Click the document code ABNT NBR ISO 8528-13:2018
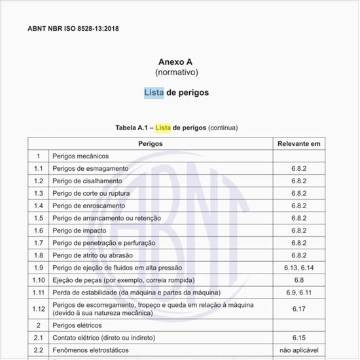[73, 29]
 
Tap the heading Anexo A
[176, 61]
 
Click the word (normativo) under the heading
[176, 71]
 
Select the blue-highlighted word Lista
[154, 92]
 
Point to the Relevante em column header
[298, 143]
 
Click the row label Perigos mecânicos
[81, 156]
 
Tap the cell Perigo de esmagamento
[90, 168]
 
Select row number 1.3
[39, 193]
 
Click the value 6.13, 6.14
[298, 267]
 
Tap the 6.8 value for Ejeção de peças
[298, 279]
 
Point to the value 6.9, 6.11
[298, 292]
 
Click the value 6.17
[298, 308]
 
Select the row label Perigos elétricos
[78, 325]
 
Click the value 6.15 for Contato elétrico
[298, 337]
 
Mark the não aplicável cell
[298, 350]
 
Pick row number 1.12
[39, 308]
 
